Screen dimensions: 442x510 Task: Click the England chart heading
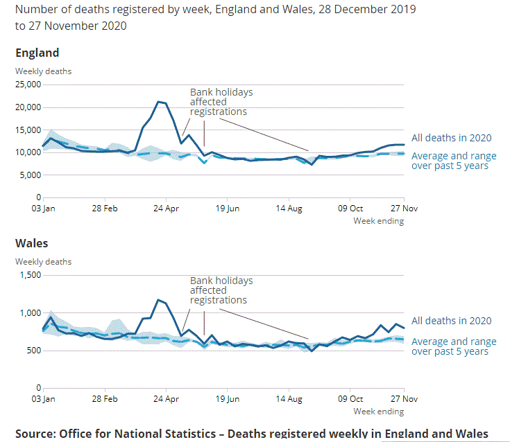point(37,53)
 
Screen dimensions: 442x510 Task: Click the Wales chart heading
point(32,244)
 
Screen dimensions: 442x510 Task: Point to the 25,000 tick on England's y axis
point(28,85)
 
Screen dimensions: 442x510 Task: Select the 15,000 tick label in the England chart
point(28,130)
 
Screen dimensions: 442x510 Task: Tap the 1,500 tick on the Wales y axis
point(31,275)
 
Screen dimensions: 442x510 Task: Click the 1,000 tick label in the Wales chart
point(31,313)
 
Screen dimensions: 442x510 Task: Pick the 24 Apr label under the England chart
point(166,208)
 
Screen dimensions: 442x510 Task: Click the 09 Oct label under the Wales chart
point(350,398)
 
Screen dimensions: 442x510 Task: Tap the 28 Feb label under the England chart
point(105,208)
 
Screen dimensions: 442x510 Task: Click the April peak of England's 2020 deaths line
point(159,102)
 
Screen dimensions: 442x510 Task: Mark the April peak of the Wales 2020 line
point(158,300)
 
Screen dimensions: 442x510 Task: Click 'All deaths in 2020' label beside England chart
point(451,138)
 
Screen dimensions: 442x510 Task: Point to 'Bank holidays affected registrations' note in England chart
point(221,102)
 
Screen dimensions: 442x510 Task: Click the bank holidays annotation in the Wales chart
point(221,291)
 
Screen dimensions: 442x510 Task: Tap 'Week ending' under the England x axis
point(378,221)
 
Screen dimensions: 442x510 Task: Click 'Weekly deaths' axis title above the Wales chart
point(43,262)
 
